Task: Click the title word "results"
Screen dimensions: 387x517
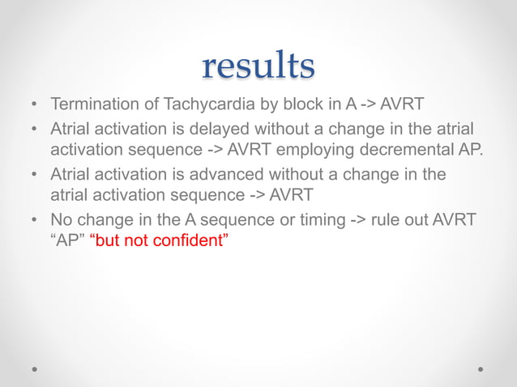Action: [258, 66]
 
